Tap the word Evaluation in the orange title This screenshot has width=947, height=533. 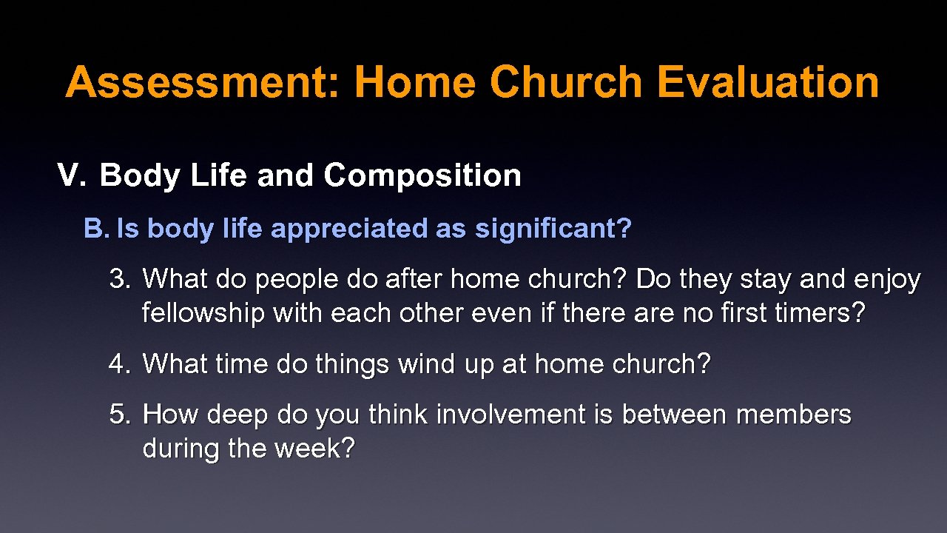768,82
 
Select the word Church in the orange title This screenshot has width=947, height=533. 566,82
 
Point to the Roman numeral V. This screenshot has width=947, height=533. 72,174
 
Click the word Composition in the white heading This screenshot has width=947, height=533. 422,176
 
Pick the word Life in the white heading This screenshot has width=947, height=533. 218,174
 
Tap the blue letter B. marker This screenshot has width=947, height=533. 97,228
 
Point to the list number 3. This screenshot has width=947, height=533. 120,279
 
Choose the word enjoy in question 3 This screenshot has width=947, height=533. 886,281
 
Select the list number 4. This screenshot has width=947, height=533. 120,363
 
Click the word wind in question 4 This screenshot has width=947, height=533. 426,363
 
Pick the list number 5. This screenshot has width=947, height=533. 120,414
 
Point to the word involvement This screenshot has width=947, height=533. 510,414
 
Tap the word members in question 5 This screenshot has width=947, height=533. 793,414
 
